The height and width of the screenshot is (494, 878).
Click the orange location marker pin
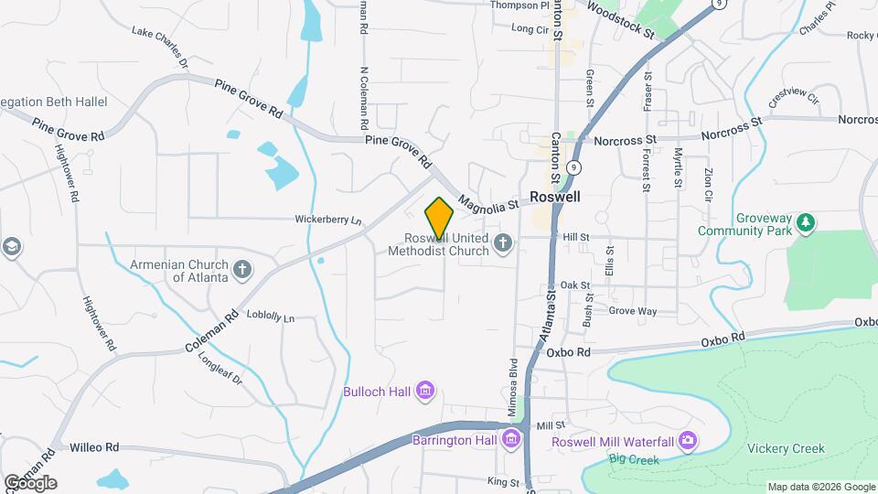coord(439,218)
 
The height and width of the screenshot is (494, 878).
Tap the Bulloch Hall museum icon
coord(424,392)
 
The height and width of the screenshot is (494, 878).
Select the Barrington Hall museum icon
coord(511,440)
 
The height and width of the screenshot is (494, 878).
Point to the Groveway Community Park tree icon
coord(805,222)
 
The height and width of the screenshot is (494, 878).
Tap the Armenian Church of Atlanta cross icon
coord(241,269)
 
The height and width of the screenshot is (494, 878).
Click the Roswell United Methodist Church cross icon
coord(502,243)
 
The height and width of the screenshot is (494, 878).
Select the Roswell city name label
coord(554,196)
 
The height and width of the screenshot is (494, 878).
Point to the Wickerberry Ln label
coord(328,220)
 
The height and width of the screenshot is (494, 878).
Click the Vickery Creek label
coord(786,448)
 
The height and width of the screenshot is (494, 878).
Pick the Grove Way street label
coord(633,311)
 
